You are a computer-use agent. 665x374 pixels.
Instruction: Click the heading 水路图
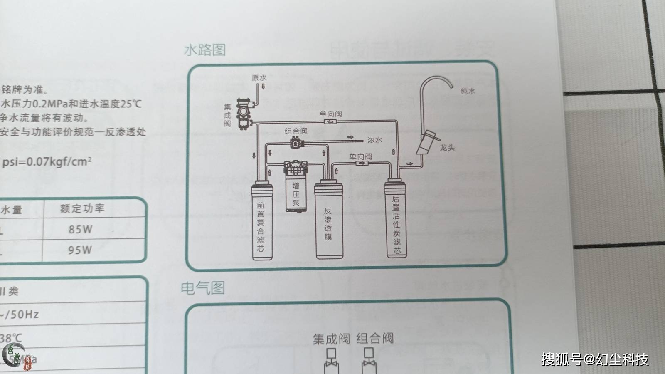click(x=205, y=50)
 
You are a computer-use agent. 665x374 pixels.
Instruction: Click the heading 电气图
click(x=202, y=288)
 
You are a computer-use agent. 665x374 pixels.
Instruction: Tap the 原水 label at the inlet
click(x=259, y=78)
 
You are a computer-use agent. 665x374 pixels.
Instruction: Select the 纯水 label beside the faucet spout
click(x=468, y=91)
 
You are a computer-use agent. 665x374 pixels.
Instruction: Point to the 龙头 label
click(x=447, y=147)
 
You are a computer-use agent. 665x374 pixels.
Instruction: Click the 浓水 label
click(x=374, y=140)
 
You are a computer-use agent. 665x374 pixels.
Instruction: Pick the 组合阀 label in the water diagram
click(x=296, y=131)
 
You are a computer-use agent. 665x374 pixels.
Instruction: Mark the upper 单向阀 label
click(x=330, y=114)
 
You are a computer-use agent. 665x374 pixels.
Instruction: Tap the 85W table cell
click(x=81, y=229)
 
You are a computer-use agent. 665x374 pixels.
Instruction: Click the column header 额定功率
click(x=82, y=208)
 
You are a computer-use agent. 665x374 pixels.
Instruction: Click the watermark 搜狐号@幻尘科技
click(x=595, y=359)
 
